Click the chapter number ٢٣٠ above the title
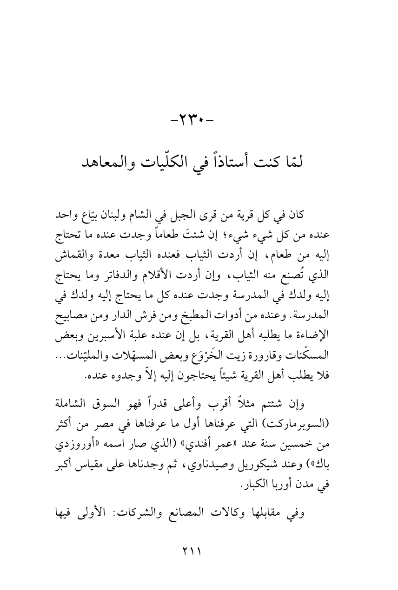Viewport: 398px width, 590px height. coord(199,124)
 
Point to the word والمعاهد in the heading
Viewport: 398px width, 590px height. coord(103,161)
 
